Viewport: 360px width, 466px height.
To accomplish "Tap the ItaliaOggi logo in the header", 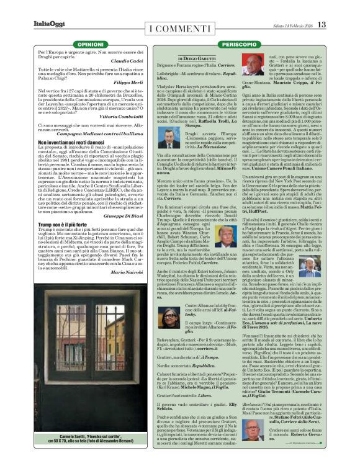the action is coord(50,25).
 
